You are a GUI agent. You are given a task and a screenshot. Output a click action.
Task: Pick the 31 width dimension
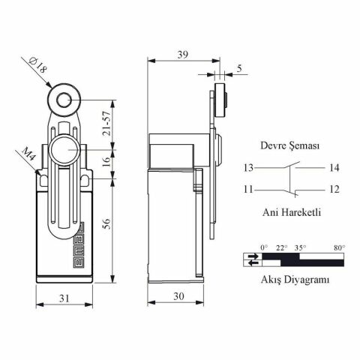(65, 298)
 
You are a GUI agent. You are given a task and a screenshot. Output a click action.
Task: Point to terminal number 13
(247, 168)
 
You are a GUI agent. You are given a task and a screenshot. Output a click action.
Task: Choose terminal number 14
(334, 168)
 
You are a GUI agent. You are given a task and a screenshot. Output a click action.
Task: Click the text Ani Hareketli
(291, 212)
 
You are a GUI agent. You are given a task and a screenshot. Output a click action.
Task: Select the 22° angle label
(281, 247)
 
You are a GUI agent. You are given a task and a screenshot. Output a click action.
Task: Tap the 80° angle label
(339, 247)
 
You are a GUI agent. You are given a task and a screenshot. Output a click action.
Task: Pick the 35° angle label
(300, 247)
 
